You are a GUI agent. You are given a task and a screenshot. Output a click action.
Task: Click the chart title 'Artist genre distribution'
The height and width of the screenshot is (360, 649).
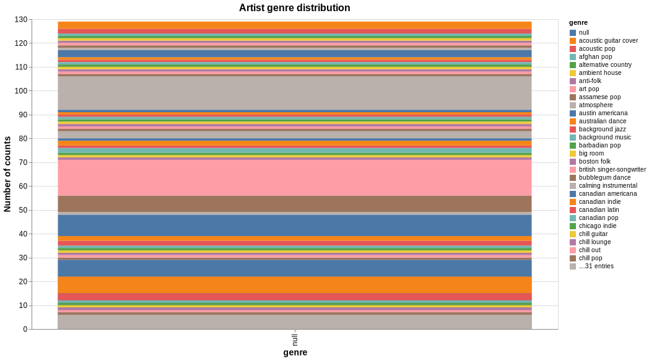click(x=294, y=8)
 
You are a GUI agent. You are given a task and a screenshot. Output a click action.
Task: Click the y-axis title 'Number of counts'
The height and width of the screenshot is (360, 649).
click(x=7, y=174)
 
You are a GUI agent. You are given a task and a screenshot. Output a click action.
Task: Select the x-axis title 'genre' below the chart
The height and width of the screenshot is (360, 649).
click(x=295, y=353)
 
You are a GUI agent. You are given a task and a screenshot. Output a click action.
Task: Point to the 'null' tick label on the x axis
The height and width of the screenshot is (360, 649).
click(x=295, y=340)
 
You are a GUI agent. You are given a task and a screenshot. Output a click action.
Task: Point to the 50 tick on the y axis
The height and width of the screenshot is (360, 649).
click(x=23, y=210)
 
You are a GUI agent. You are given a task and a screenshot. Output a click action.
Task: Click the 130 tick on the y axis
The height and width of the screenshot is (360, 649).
click(x=21, y=20)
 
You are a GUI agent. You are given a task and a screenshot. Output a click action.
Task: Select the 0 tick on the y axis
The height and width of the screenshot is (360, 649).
click(x=25, y=329)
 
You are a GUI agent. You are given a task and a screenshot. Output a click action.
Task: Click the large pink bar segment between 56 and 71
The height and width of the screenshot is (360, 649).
click(x=294, y=178)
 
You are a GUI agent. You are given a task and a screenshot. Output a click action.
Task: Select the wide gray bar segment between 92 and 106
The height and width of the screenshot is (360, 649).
click(x=294, y=93)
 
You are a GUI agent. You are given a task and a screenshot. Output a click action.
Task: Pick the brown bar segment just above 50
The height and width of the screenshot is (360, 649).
click(x=294, y=204)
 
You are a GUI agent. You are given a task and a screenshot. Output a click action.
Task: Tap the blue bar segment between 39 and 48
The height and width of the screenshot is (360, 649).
click(x=294, y=226)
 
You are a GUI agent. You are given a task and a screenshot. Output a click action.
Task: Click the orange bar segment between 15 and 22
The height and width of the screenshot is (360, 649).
click(x=294, y=284)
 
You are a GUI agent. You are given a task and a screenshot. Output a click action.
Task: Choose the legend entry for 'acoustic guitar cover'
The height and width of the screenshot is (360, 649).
click(x=608, y=41)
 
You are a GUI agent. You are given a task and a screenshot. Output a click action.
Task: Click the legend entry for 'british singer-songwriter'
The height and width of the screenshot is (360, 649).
click(x=612, y=170)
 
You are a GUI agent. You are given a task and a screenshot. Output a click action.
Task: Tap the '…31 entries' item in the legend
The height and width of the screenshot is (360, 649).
click(x=596, y=266)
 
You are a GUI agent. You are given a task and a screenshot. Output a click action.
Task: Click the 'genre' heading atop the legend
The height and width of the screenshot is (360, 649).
click(x=578, y=23)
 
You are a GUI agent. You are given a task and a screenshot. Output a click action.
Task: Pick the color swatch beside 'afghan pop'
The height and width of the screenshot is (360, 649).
click(x=573, y=57)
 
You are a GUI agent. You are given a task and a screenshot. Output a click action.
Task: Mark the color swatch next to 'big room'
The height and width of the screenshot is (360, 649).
click(x=573, y=154)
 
